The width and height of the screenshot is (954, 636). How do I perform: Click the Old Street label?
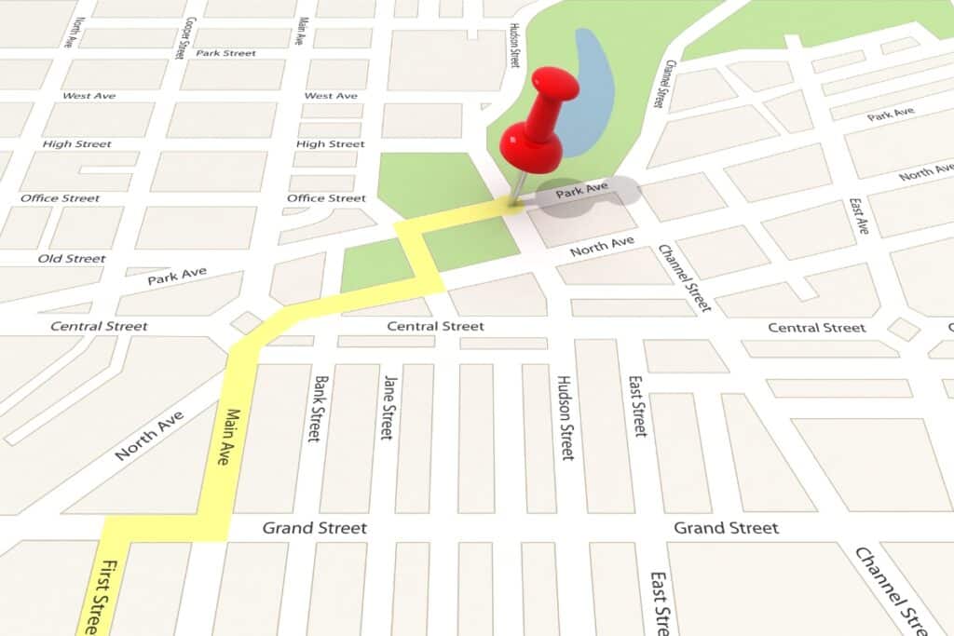pyautogui.click(x=72, y=258)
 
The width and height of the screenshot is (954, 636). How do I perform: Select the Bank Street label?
pyautogui.click(x=320, y=409)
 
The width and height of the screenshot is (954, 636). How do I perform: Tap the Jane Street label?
pyautogui.click(x=388, y=407)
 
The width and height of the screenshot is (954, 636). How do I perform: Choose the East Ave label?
pyautogui.click(x=858, y=216)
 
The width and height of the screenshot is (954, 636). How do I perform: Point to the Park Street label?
pyautogui.click(x=225, y=53)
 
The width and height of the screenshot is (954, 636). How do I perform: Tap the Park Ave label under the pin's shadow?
pyautogui.click(x=581, y=191)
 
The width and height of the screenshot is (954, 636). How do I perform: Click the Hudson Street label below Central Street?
pyautogui.click(x=565, y=417)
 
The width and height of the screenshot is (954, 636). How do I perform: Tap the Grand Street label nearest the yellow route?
pyautogui.click(x=314, y=528)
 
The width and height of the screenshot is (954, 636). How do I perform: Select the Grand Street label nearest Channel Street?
pyautogui.click(x=726, y=528)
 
